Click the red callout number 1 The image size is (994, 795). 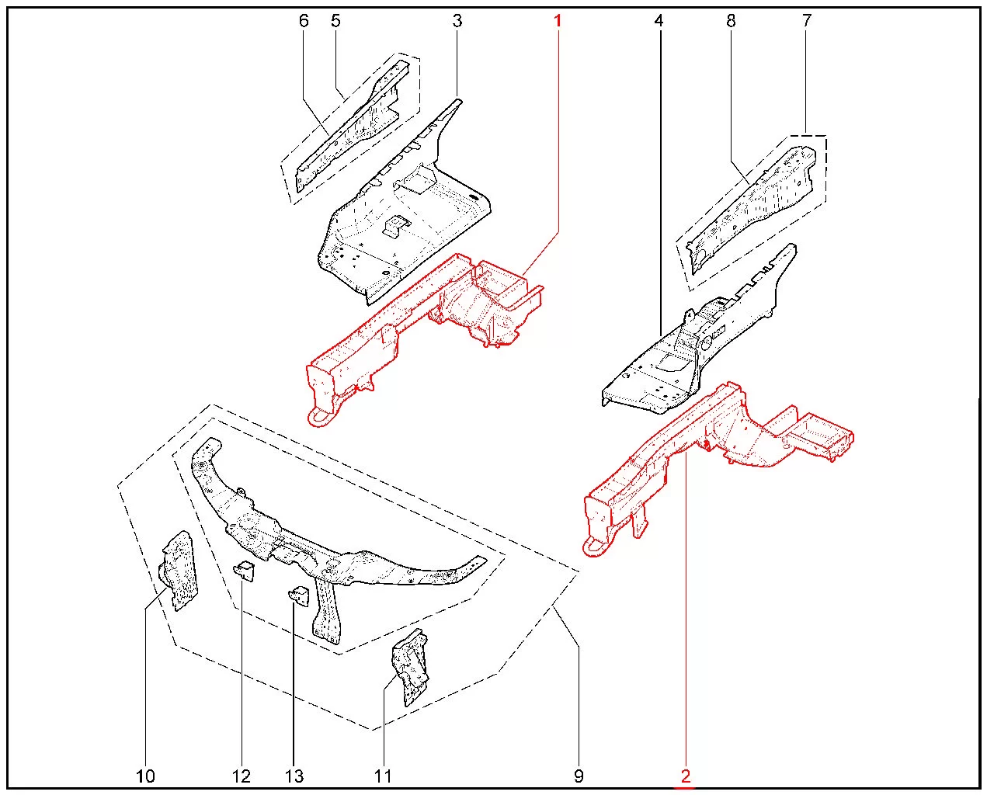(558, 21)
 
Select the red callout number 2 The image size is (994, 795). (686, 776)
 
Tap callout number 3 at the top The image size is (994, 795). (457, 21)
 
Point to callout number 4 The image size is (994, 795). (659, 21)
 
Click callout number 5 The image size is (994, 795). (335, 21)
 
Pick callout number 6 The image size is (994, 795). (304, 21)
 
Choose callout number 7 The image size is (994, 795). (807, 21)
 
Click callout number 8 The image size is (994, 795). (731, 21)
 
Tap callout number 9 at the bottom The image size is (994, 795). (579, 776)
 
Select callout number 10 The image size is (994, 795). (145, 776)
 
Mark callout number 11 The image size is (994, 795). (382, 776)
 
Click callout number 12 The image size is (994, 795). (241, 776)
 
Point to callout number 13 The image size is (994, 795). (294, 776)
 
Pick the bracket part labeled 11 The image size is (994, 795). (410, 668)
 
